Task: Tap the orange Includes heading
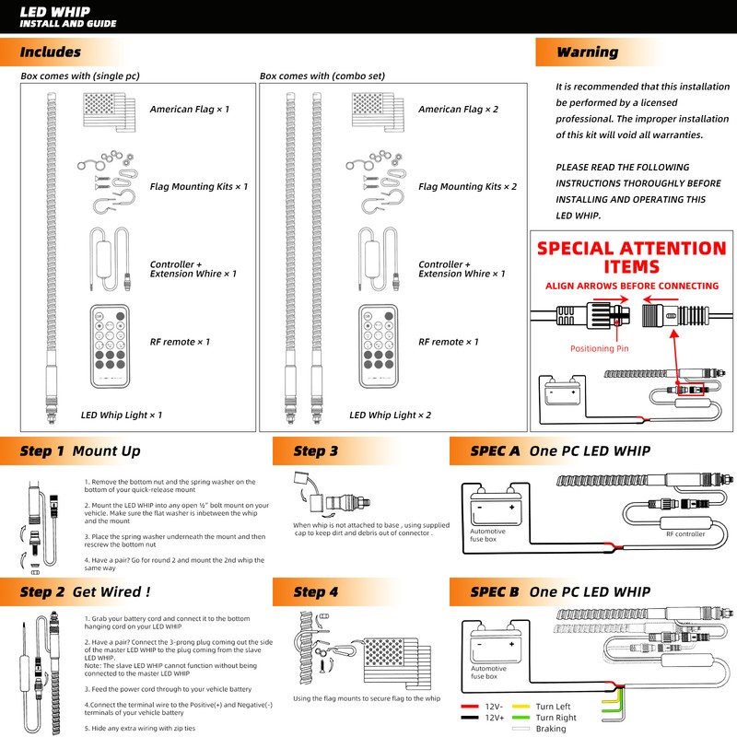(50, 53)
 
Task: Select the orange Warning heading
(587, 53)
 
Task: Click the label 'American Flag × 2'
(458, 110)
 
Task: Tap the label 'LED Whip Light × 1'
(122, 415)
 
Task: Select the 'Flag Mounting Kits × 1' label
(199, 187)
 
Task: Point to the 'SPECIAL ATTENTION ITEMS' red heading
(632, 257)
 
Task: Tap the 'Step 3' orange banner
(316, 451)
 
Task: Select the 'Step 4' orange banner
(316, 591)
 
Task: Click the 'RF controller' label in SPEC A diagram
(685, 534)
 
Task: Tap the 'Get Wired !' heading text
(111, 591)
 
